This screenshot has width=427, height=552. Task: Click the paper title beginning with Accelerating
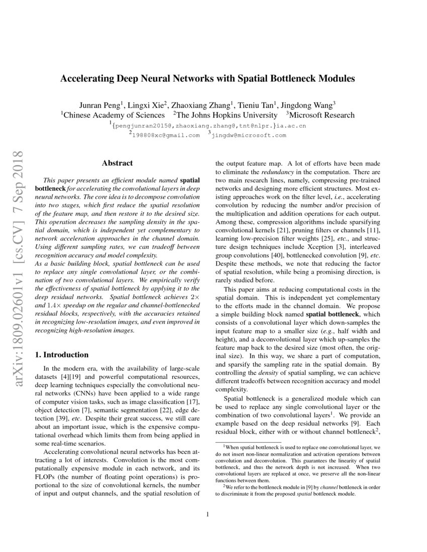coord(208,79)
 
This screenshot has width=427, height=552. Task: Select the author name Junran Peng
coord(99,105)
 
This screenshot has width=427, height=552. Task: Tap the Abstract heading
coord(117,163)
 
